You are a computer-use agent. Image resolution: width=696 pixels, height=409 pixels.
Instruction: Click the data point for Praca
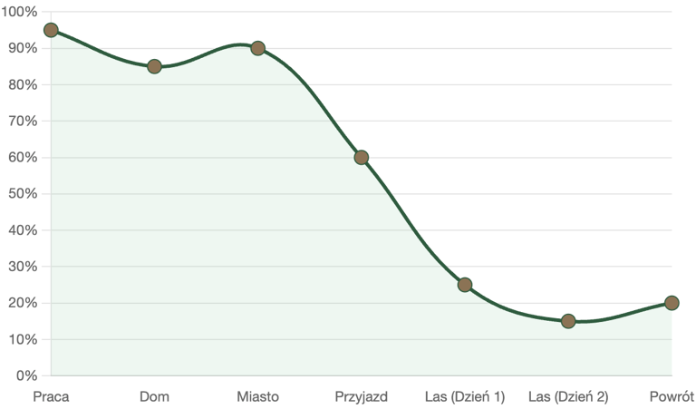pos(51,30)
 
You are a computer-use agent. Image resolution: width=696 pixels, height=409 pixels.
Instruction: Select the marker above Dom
pos(154,66)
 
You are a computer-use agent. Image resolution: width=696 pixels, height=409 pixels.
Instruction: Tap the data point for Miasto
pos(258,48)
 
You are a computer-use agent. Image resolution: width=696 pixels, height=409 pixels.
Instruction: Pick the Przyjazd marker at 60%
pos(362,157)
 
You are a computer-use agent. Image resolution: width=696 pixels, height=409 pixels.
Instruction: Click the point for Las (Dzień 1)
pos(465,285)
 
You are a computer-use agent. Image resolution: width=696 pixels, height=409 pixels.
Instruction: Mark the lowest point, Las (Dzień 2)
pos(568,321)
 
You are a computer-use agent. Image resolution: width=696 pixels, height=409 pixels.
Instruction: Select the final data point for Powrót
pos(672,303)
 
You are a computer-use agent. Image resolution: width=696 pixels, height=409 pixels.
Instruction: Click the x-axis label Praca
pos(51,397)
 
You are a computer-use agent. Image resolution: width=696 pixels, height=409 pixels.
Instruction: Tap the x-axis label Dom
pos(154,397)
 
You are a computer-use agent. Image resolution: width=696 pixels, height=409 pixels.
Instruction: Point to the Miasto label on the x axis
pos(258,397)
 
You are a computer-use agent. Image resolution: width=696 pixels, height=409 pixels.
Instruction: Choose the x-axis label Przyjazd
pos(362,397)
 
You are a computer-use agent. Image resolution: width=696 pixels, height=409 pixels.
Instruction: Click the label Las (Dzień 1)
pos(465,397)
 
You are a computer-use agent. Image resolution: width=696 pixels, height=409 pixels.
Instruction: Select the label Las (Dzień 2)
pos(568,397)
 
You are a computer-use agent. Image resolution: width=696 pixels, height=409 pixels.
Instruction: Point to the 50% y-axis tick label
pos(22,193)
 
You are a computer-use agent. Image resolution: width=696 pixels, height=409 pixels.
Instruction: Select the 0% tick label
pos(25,375)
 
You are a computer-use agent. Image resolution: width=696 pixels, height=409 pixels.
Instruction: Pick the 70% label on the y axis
pos(22,121)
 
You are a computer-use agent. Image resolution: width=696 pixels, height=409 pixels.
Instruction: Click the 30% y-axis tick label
pos(22,267)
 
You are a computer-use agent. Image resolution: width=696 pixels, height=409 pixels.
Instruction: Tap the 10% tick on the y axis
pos(22,339)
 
